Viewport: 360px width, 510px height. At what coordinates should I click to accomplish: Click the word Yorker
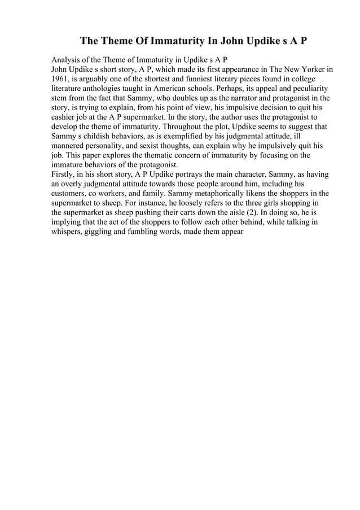pyautogui.click(x=312, y=69)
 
